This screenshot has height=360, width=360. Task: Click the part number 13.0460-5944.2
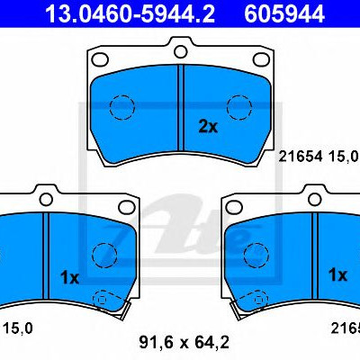click(x=130, y=13)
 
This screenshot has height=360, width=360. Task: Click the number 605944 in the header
click(x=284, y=13)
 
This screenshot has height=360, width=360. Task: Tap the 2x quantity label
click(x=208, y=127)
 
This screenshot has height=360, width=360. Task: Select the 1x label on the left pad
click(x=69, y=278)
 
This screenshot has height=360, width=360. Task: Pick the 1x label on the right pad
click(x=337, y=274)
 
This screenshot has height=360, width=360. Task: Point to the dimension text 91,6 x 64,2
click(x=184, y=342)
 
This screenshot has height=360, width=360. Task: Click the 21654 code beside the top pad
click(x=301, y=157)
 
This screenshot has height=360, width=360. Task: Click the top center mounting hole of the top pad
click(x=181, y=51)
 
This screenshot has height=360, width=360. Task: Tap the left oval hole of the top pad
click(x=100, y=59)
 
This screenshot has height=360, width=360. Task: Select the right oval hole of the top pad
click(x=262, y=59)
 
